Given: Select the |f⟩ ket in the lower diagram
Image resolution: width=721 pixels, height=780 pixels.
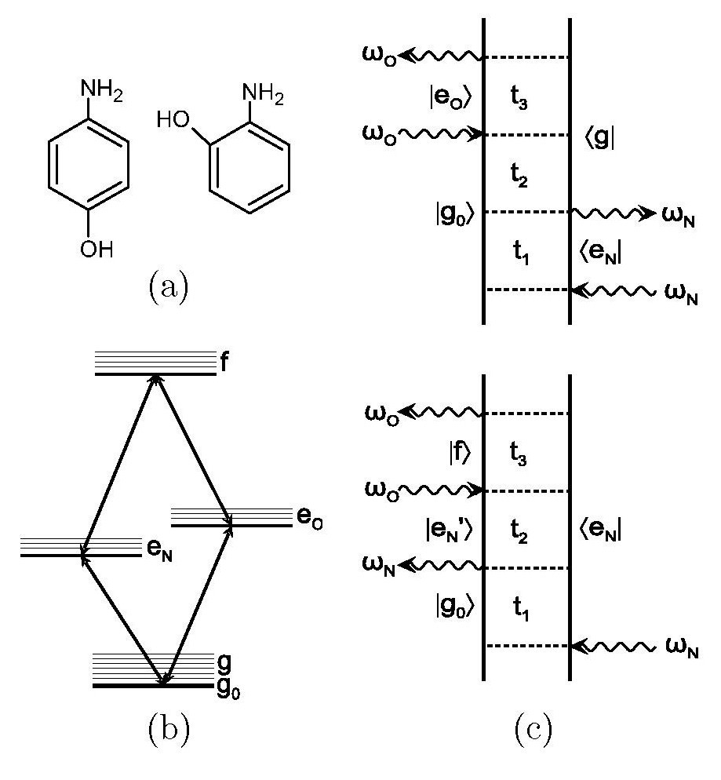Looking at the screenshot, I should [x=459, y=452].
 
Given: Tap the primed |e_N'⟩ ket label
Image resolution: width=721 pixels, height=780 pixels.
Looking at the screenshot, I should [x=449, y=530].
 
